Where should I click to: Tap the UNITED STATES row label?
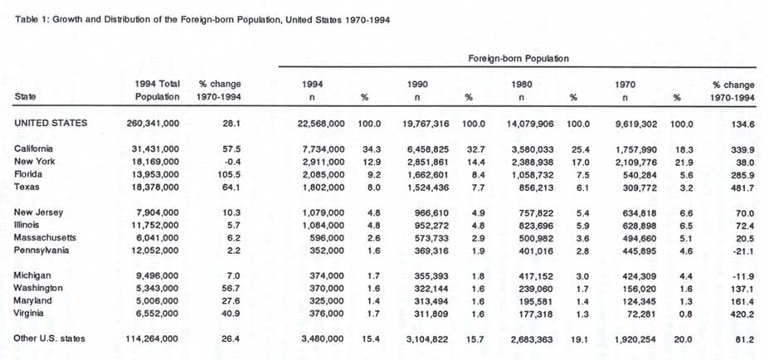click(x=50, y=123)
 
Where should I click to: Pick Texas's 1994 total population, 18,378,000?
click(x=157, y=187)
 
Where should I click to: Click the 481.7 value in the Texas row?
click(x=739, y=187)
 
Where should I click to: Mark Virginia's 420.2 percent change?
click(x=739, y=314)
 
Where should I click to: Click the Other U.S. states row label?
click(x=49, y=338)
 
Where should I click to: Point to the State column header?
click(x=25, y=97)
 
